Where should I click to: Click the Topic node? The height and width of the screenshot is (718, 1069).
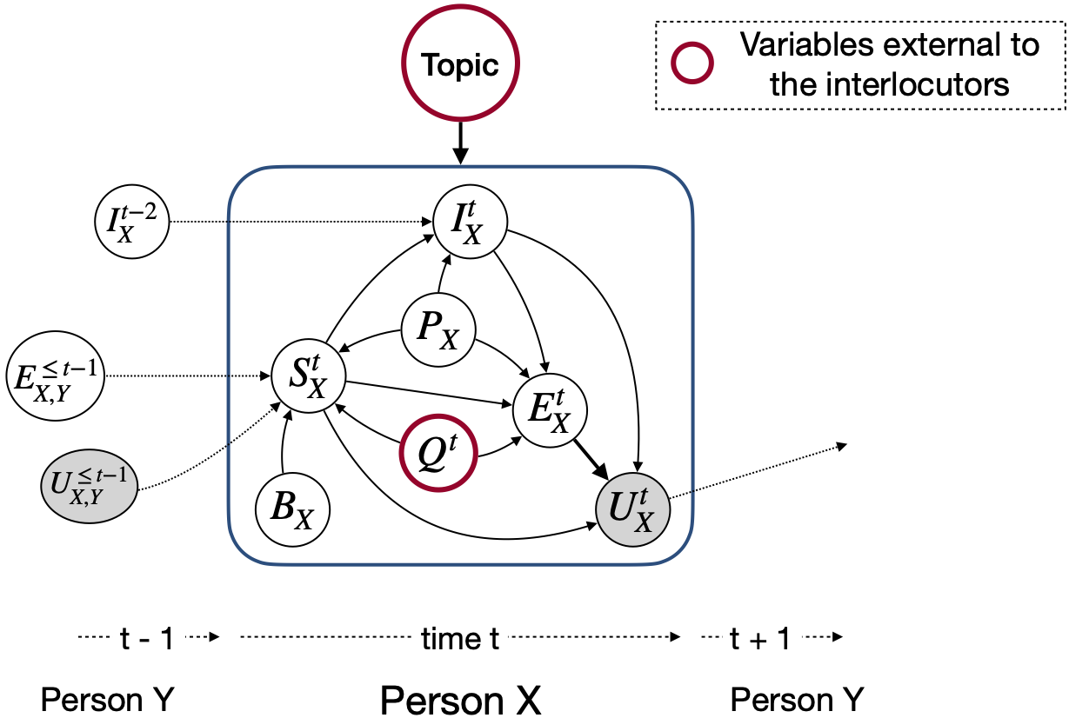[460, 65]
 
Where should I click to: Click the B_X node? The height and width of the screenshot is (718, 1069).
[292, 508]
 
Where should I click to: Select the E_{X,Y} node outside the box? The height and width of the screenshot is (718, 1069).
[55, 376]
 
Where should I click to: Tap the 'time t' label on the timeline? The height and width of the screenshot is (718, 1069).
[460, 640]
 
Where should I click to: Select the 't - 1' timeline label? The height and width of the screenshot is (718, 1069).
[147, 640]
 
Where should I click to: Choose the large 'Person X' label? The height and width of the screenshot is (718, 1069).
[460, 698]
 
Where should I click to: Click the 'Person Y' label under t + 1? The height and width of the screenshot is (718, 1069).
[797, 698]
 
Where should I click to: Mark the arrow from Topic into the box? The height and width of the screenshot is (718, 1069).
[460, 142]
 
